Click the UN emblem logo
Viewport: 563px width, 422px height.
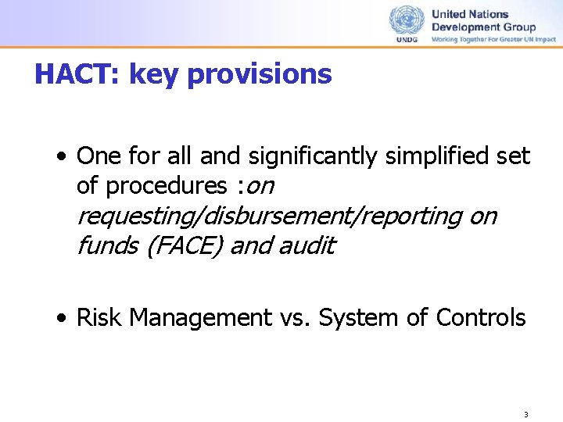[x=407, y=20]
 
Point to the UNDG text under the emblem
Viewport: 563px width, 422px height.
[x=407, y=40]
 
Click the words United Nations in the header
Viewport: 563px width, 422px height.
[x=470, y=14]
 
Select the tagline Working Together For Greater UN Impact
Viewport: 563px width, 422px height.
[x=493, y=39]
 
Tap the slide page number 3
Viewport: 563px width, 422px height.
[x=526, y=414]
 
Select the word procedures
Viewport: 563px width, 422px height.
[x=166, y=186]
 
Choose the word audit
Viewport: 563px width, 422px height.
[x=307, y=245]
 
